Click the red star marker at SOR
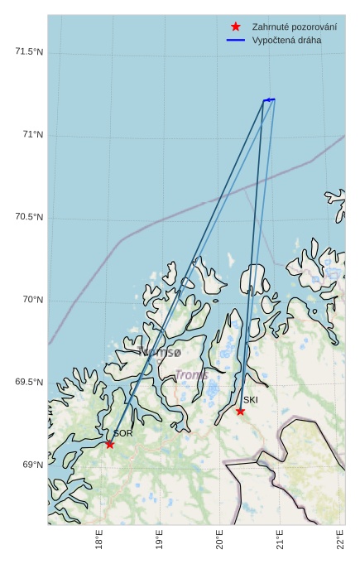click(x=109, y=444)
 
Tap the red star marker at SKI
click(x=240, y=411)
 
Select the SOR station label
click(x=123, y=433)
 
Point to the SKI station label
click(x=251, y=400)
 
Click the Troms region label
click(x=191, y=375)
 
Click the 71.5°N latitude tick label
click(x=29, y=52)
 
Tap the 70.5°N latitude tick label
click(x=29, y=217)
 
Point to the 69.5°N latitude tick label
click(x=29, y=382)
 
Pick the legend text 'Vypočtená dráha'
click(x=286, y=40)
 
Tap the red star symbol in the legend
click(x=236, y=27)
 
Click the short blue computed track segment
click(x=269, y=99)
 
